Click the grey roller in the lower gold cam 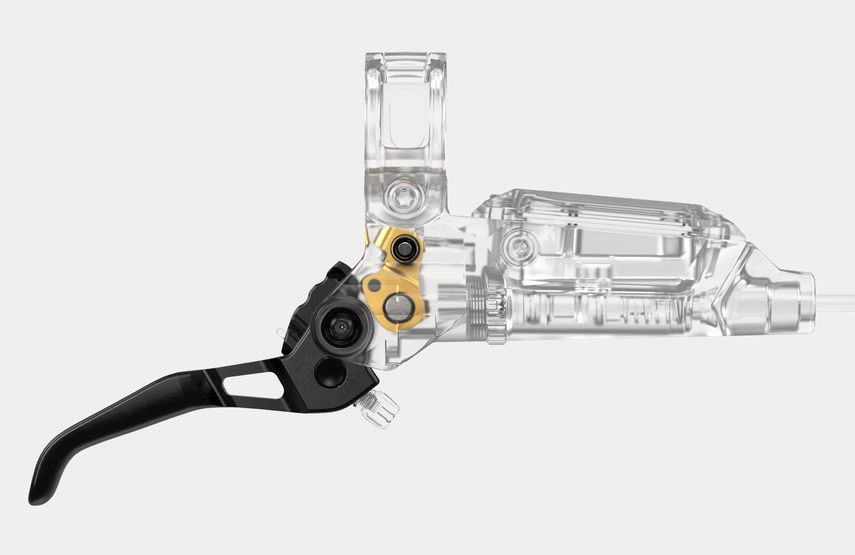click(x=397, y=308)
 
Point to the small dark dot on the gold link click(x=374, y=280)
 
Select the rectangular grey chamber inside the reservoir click(x=609, y=245)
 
